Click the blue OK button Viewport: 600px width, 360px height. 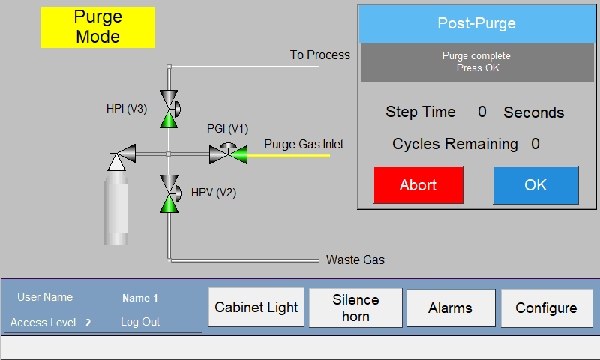click(535, 185)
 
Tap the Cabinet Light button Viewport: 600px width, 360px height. click(256, 307)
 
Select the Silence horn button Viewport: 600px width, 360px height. click(355, 307)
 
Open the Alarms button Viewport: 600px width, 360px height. click(451, 307)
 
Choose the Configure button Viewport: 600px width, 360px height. click(547, 307)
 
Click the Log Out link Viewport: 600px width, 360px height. click(140, 322)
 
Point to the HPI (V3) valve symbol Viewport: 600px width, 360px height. click(169, 109)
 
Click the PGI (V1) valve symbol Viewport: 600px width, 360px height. click(229, 154)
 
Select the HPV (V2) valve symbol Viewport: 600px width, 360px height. click(169, 193)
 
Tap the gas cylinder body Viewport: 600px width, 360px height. click(116, 208)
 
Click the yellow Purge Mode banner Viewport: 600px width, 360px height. click(98, 27)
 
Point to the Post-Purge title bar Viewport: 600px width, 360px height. click(477, 23)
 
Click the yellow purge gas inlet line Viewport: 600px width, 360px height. click(289, 156)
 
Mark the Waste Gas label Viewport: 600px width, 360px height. click(355, 259)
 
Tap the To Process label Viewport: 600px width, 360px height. click(320, 55)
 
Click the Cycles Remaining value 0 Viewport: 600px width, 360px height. click(535, 144)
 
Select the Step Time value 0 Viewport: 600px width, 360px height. click(482, 112)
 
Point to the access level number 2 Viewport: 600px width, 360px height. click(88, 322)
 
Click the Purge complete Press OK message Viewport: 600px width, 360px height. click(477, 62)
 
